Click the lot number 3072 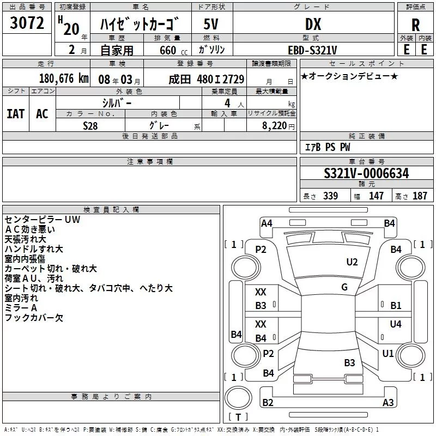pos(27,23)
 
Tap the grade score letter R pos(415,26)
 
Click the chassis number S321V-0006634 pos(366,174)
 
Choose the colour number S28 pos(91,125)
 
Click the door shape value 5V pos(211,25)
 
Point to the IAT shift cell pos(15,114)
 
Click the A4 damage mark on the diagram pos(267,223)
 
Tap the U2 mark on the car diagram pos(352,262)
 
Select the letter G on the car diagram pos(344,287)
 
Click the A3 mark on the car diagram pos(388,403)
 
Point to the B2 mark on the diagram pos(268,403)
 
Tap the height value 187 pos(420,196)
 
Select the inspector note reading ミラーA pos(21,308)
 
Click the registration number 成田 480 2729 pos(207,79)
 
